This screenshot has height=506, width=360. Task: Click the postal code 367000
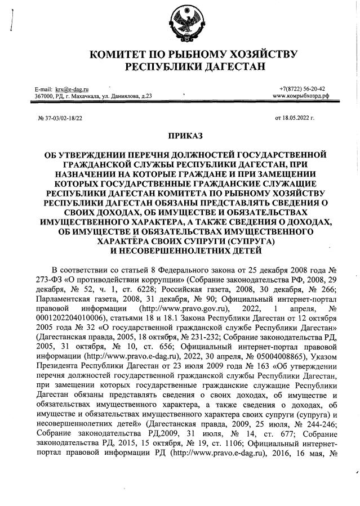45,96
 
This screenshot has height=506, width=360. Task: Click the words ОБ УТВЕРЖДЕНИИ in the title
73,154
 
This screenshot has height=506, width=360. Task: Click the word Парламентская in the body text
64,300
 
